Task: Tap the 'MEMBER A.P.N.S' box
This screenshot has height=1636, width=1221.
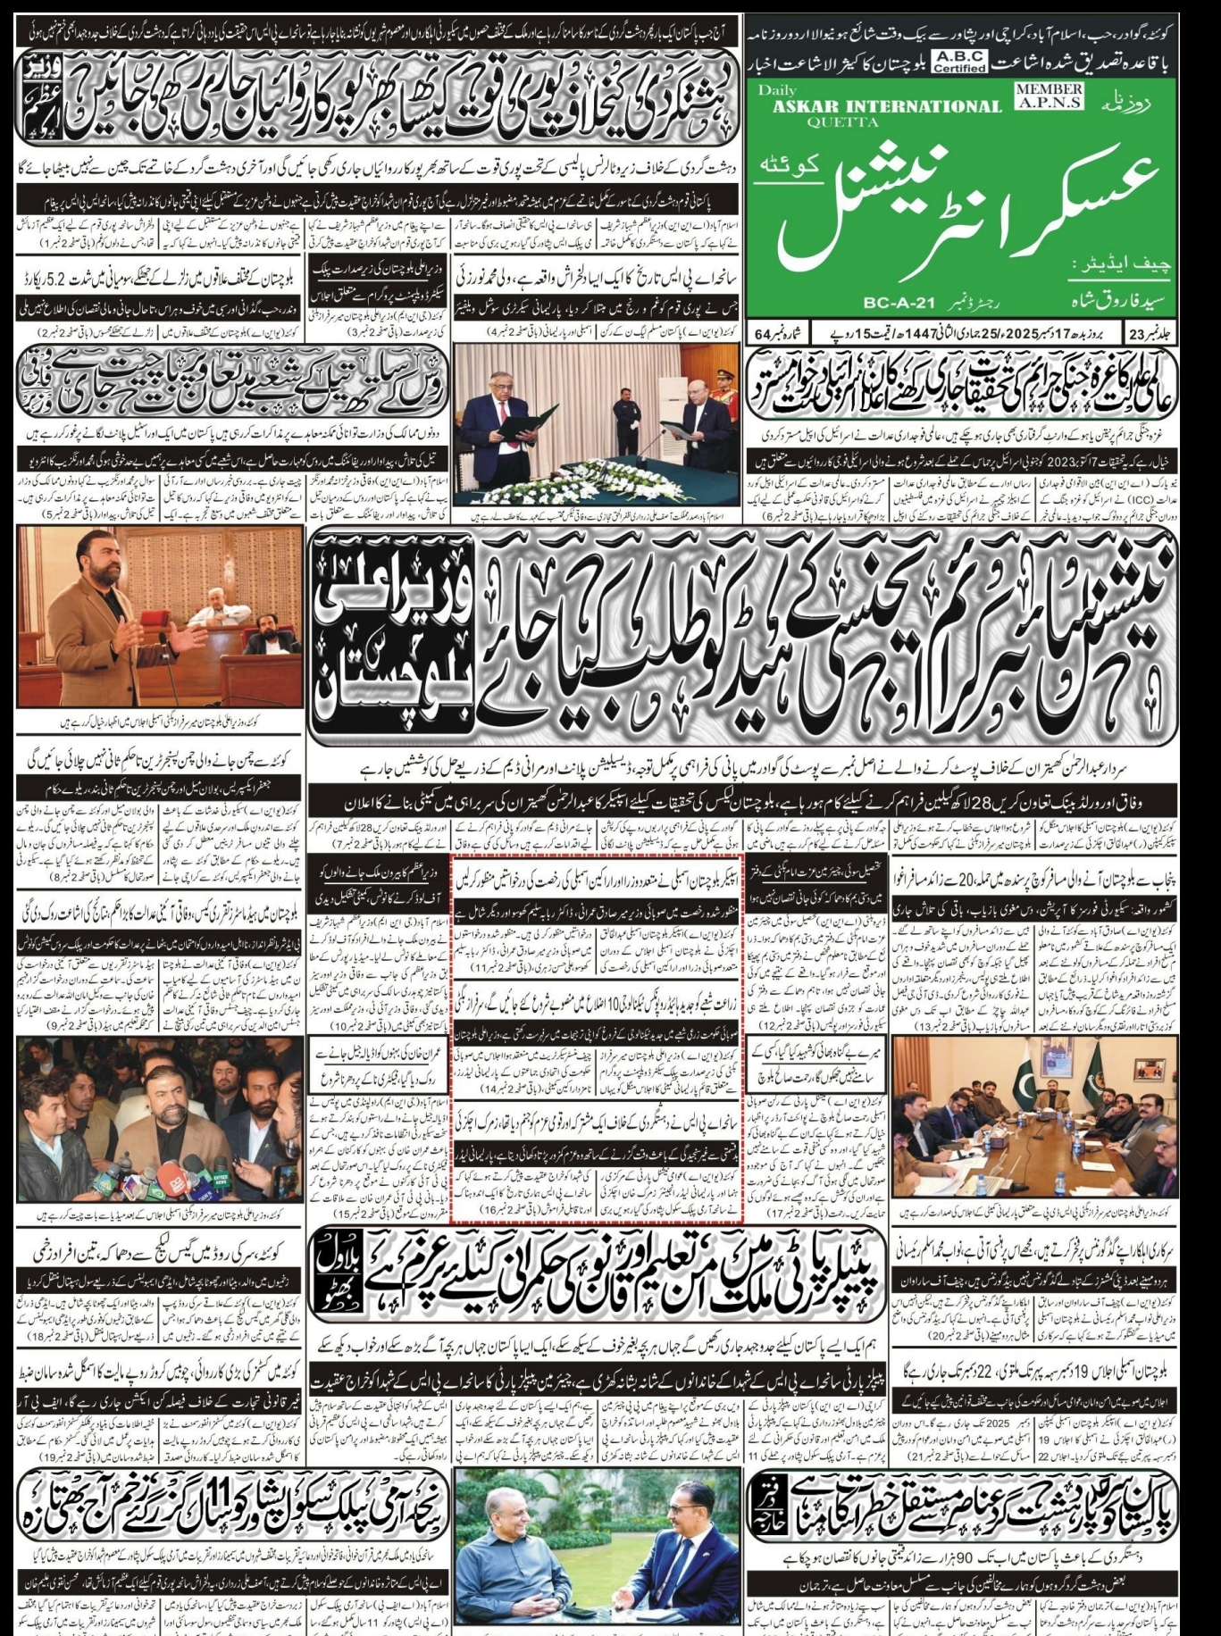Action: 1048,95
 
